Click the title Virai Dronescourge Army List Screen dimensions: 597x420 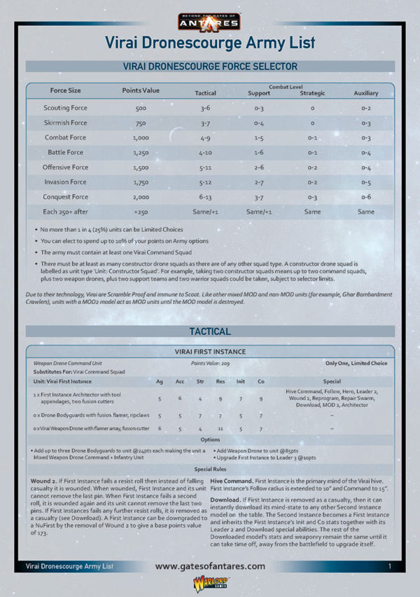pos(210,43)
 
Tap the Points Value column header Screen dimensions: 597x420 pos(141,90)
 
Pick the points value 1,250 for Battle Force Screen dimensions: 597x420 pos(141,152)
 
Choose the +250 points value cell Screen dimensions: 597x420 pos(141,211)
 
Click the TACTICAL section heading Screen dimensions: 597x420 pos(210,331)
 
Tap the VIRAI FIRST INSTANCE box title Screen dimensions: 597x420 pos(210,352)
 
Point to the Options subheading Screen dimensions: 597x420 pos(210,439)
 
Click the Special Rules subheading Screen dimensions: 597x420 pos(210,469)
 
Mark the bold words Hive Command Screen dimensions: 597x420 pos(232,481)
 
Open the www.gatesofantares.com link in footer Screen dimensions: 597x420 pos(210,565)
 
